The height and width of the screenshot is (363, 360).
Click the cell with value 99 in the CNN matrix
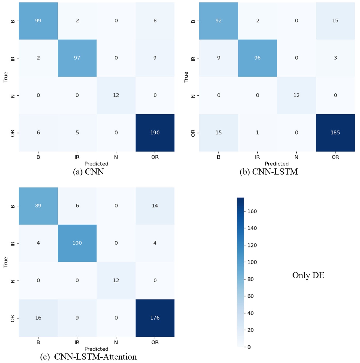[38, 21]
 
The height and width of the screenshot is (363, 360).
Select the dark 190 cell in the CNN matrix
[155, 133]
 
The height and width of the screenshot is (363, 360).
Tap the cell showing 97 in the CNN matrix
[77, 58]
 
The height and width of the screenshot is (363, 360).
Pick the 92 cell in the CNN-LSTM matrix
[218, 21]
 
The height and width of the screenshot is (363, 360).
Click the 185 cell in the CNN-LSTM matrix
[335, 133]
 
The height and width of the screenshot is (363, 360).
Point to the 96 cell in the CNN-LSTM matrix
[257, 58]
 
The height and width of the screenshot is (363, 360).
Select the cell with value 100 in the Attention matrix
[77, 243]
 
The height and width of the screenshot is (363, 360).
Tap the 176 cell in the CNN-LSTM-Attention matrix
[155, 318]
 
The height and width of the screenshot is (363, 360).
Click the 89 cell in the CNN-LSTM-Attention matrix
[38, 206]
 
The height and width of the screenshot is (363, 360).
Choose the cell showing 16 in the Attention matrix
[38, 318]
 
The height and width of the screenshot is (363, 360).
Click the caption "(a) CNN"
[88, 172]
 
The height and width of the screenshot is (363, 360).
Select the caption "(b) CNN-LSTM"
[269, 172]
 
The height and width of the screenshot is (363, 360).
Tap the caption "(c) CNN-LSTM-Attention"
[88, 357]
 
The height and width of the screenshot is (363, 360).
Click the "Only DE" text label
[308, 275]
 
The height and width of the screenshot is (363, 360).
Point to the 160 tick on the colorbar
[252, 211]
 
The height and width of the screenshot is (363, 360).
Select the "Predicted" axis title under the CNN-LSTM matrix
[277, 164]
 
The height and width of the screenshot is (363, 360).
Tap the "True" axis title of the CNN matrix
[6, 77]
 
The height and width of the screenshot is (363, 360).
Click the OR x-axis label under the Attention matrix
[155, 342]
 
